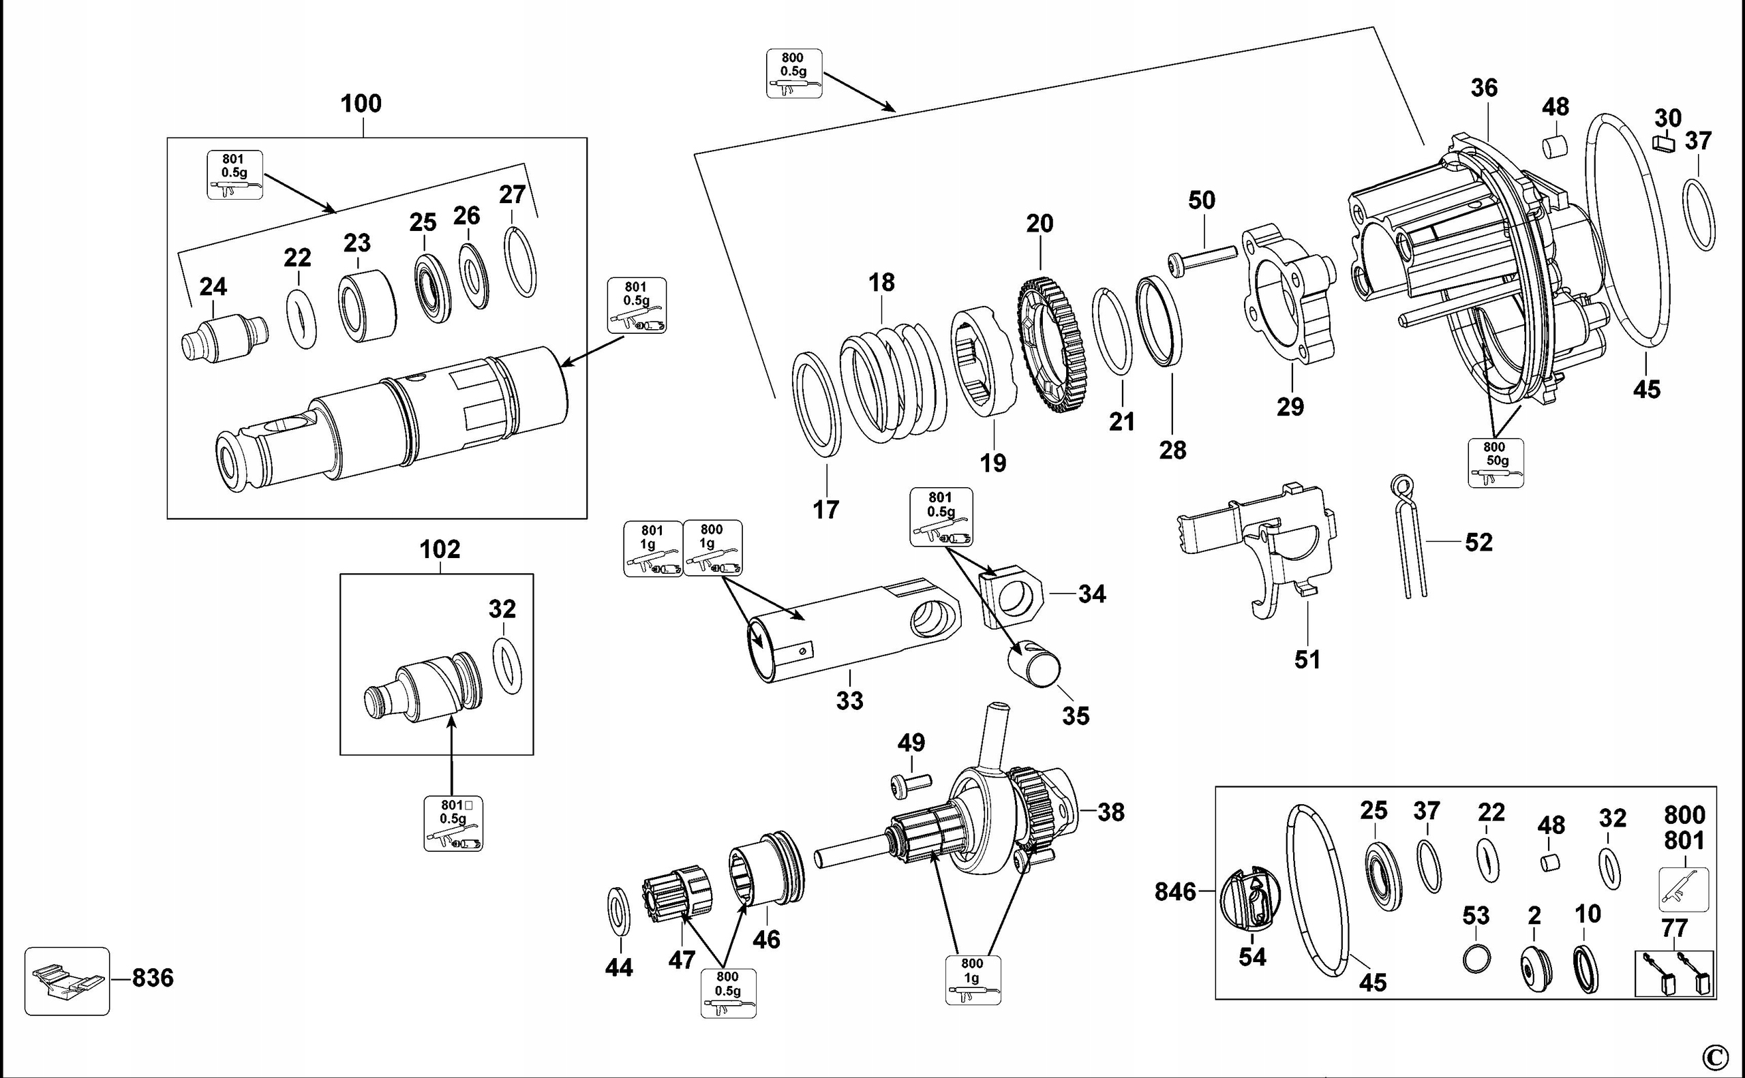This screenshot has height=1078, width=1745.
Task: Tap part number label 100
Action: click(361, 104)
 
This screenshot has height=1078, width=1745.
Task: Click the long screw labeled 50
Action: click(1202, 258)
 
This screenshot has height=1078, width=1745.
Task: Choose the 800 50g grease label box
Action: click(1496, 462)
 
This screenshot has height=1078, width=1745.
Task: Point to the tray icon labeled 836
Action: click(67, 981)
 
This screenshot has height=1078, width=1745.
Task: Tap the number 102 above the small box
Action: click(439, 549)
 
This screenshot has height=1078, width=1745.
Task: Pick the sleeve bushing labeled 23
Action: click(367, 306)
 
